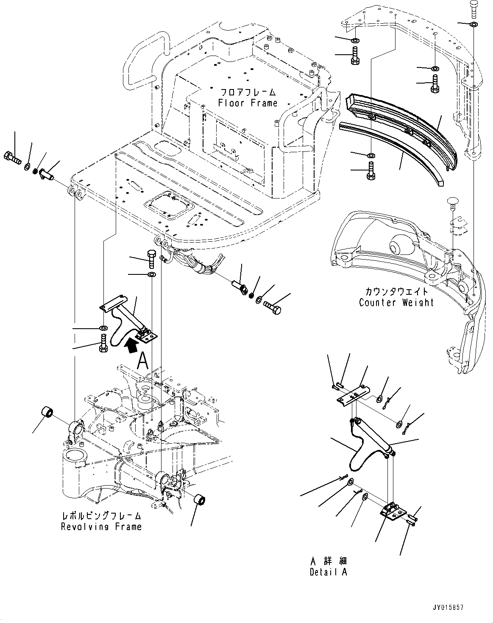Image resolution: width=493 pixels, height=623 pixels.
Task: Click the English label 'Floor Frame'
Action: (x=248, y=103)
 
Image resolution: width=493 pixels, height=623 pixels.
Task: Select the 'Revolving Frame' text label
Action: (x=101, y=527)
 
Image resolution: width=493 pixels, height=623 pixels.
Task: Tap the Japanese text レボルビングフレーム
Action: (x=101, y=516)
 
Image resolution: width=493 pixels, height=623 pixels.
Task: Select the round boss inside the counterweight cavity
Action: (x=396, y=246)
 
